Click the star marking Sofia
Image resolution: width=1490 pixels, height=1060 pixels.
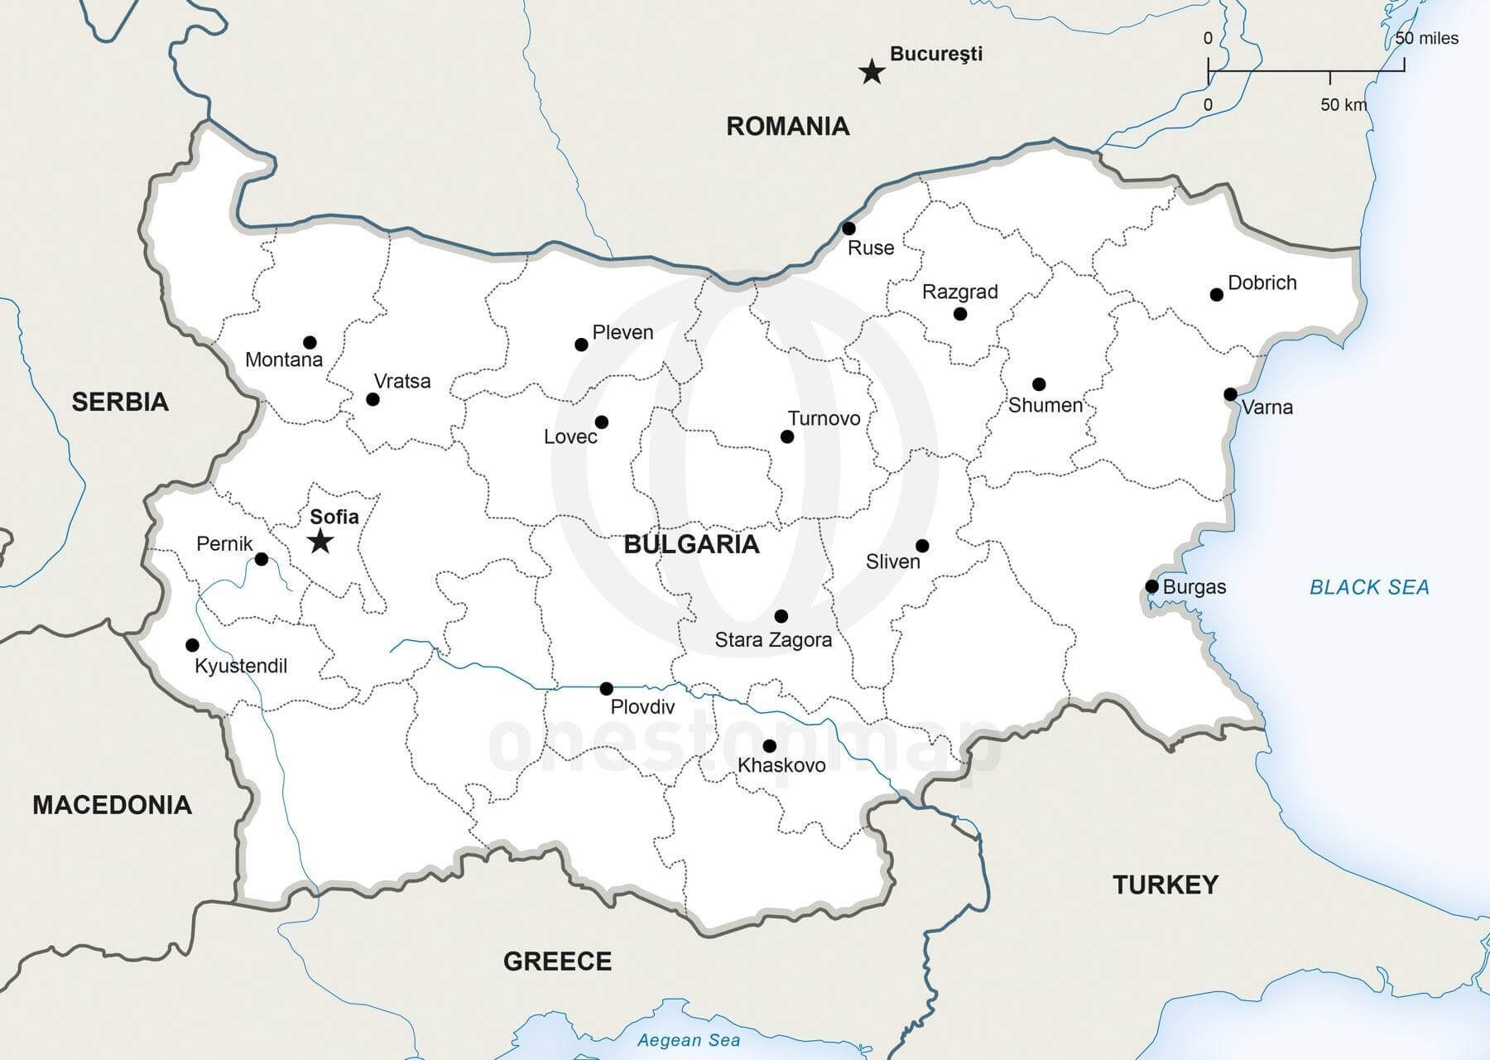[x=320, y=542]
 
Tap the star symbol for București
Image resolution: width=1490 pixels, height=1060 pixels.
[x=871, y=72]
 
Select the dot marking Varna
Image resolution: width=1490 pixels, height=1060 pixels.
[x=1231, y=394]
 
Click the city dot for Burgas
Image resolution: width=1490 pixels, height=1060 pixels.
[x=1151, y=586]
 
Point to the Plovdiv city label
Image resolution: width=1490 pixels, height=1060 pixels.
[x=642, y=706]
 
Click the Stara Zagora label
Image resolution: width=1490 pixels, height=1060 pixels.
[x=773, y=639]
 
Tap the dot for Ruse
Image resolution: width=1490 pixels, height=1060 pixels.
[x=848, y=229]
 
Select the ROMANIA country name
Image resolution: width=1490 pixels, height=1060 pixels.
[x=787, y=126]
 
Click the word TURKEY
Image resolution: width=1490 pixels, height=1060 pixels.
[x=1165, y=884]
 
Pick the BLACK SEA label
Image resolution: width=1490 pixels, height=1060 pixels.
[x=1369, y=587]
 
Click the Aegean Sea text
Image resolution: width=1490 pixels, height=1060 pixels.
[x=689, y=1040]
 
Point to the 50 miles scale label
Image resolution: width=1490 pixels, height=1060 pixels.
[x=1426, y=38]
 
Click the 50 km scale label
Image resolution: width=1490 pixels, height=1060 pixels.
[x=1343, y=104]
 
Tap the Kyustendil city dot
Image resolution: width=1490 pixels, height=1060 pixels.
[x=192, y=645]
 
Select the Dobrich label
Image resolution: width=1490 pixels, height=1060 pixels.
[x=1262, y=282]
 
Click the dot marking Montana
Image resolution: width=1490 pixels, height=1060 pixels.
[x=310, y=342]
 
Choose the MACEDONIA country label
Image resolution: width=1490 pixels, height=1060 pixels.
[x=112, y=804]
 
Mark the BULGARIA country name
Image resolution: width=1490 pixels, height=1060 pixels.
[x=691, y=544]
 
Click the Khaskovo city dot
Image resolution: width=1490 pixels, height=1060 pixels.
[x=769, y=746]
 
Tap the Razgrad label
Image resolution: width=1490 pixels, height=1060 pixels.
[x=959, y=291]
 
